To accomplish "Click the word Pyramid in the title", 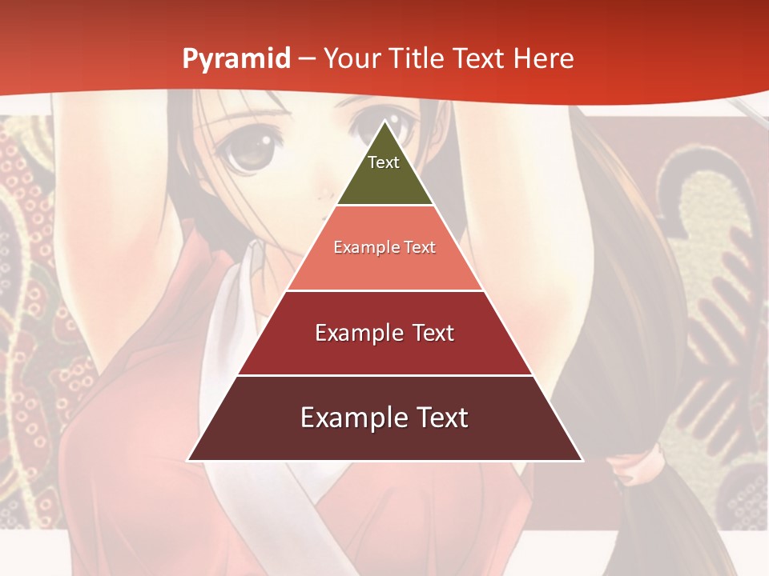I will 236,59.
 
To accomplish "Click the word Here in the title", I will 544,59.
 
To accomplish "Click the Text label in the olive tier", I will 384,162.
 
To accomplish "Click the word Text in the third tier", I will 433,333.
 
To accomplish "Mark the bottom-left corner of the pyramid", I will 188,460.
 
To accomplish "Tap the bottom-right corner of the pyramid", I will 582,460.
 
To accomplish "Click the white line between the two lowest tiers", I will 385,375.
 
